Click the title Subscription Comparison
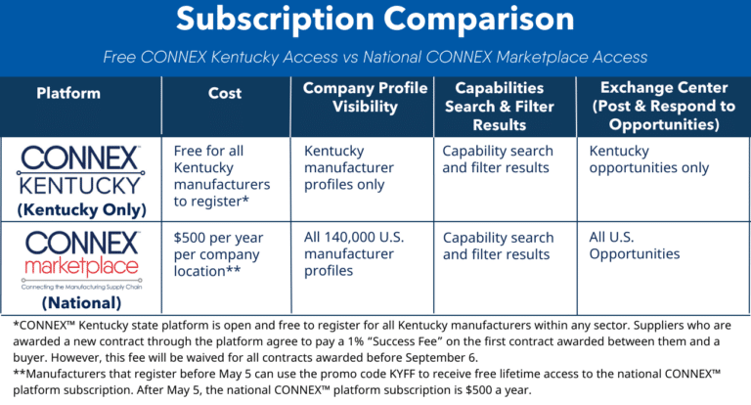(375, 20)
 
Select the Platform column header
(68, 93)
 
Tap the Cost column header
(225, 93)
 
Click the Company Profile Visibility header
(365, 97)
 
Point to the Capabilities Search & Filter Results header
(500, 107)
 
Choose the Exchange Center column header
(664, 106)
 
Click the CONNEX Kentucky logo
(80, 170)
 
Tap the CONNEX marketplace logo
(82, 260)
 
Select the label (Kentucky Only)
(82, 210)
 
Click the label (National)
(82, 303)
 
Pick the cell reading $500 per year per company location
(218, 254)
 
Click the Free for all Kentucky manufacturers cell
(222, 176)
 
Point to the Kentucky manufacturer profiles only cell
(349, 167)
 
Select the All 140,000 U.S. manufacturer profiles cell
(354, 254)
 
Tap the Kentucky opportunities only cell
(649, 159)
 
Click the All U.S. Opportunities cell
(634, 246)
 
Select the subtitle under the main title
(375, 57)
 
